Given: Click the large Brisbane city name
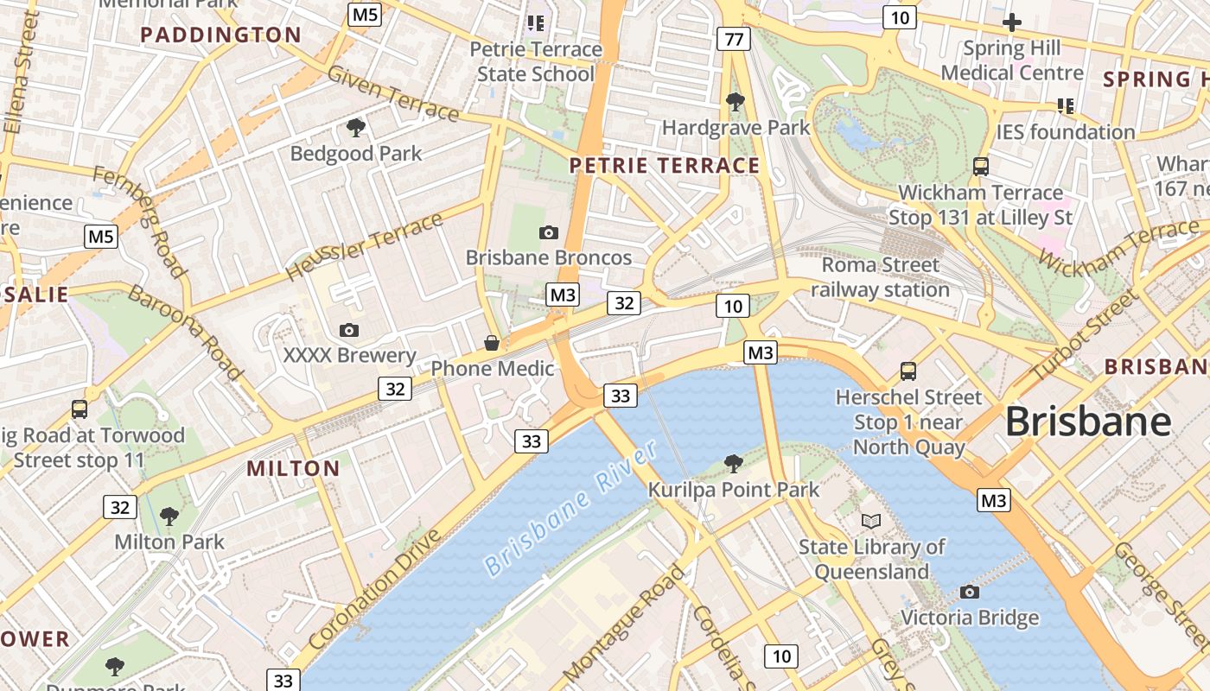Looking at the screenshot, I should [1088, 422].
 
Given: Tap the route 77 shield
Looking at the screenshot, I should [734, 39].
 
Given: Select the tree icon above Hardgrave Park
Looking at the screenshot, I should [736, 103].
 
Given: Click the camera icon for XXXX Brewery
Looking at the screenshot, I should [349, 330].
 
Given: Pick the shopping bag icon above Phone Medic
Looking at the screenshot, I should [492, 343].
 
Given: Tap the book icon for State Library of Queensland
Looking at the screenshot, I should [871, 521].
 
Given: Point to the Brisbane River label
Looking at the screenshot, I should [570, 508].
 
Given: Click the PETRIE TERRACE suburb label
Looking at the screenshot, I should [665, 166].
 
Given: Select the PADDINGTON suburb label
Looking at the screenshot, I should [220, 35].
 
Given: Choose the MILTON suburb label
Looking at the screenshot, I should [294, 469].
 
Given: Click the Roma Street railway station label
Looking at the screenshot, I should [880, 277].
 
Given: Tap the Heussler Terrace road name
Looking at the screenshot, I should [364, 246].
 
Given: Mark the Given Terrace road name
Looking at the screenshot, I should [393, 93].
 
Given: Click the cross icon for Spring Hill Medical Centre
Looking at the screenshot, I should [1011, 22].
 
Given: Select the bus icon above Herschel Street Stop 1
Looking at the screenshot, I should [908, 371].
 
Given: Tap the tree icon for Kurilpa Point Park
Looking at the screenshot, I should [734, 464].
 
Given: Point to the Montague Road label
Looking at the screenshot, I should [623, 622].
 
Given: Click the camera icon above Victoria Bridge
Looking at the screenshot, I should [970, 592].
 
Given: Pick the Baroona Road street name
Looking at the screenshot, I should [185, 333].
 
